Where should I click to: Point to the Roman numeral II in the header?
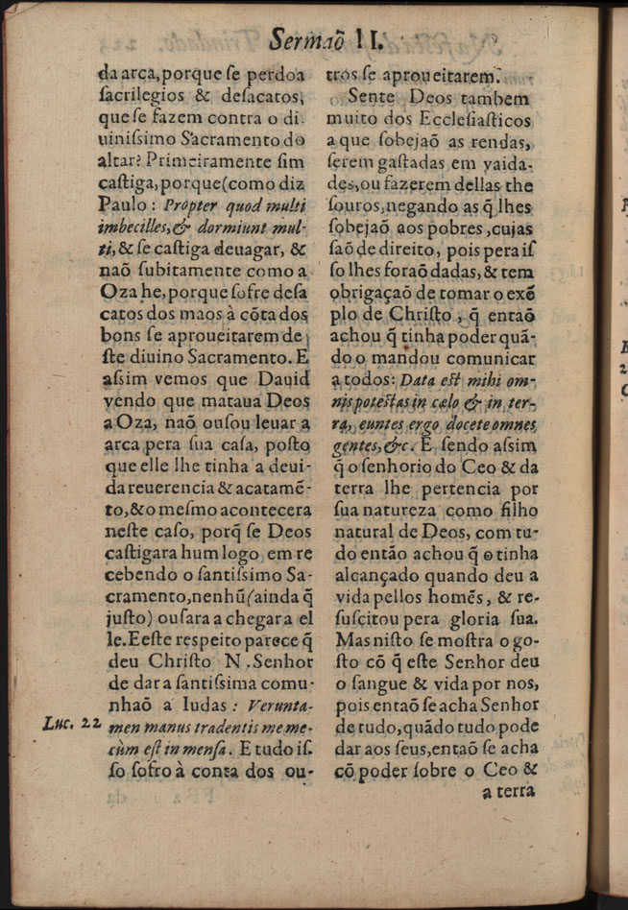click(x=369, y=39)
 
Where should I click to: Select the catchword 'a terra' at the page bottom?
click(x=507, y=792)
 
